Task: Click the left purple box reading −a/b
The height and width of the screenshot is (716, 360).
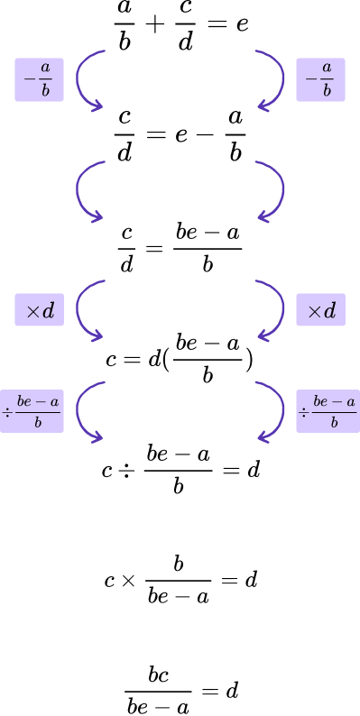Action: click(39, 80)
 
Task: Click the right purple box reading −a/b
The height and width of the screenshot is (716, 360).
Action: click(320, 80)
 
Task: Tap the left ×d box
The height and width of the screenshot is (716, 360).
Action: click(39, 310)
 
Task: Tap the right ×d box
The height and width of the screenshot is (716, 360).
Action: click(320, 310)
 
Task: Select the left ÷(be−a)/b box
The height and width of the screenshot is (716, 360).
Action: click(32, 411)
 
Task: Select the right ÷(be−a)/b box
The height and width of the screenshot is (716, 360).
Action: click(328, 411)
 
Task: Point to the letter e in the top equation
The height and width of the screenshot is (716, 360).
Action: click(241, 24)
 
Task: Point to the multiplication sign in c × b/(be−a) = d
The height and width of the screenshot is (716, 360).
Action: click(128, 580)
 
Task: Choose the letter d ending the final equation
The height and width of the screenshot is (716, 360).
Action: click(232, 692)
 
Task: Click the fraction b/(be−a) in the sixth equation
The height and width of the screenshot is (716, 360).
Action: click(178, 580)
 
